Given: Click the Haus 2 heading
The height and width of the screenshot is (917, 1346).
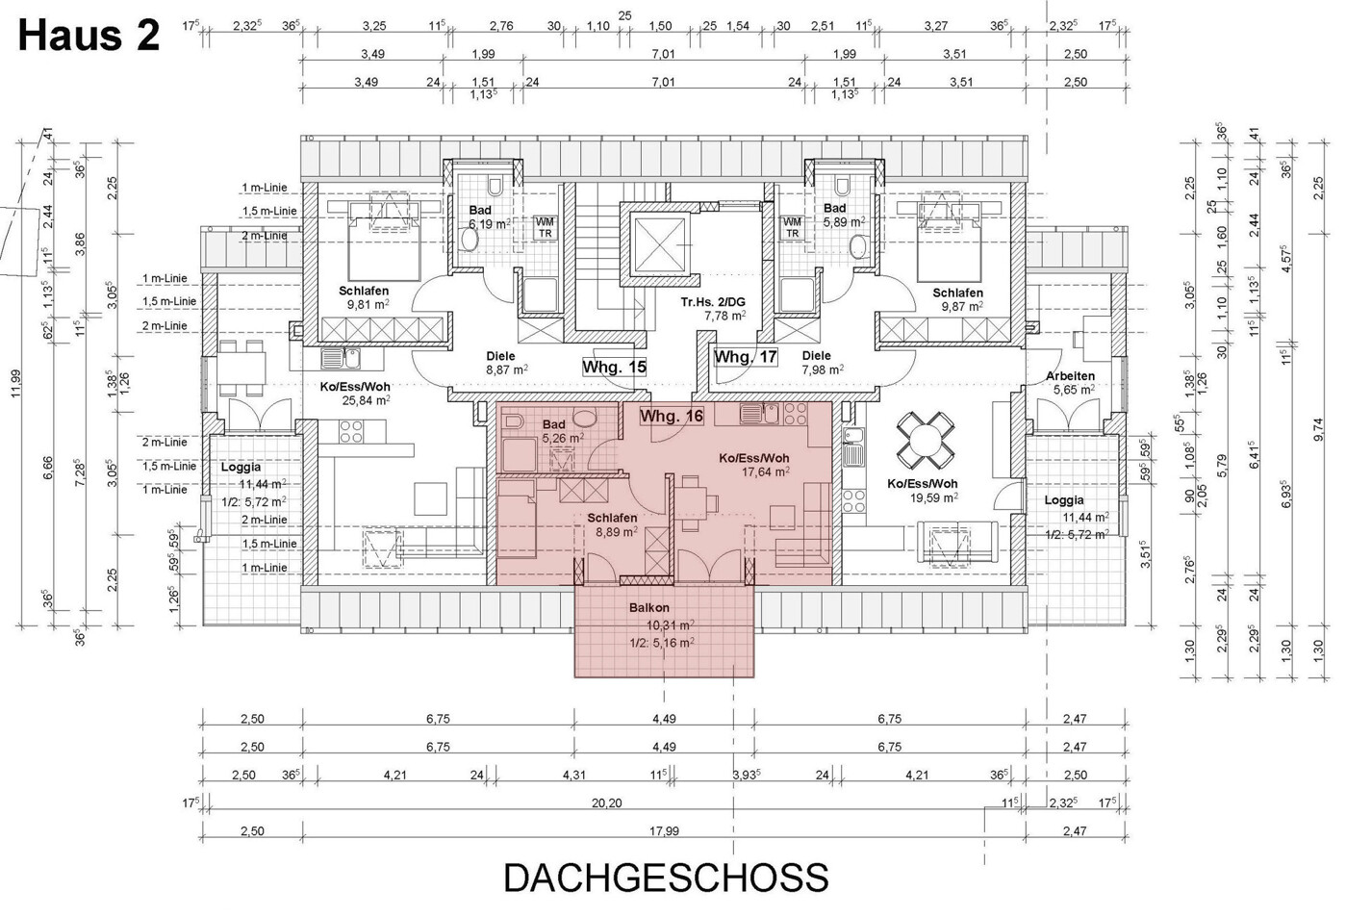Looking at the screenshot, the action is [x=89, y=36].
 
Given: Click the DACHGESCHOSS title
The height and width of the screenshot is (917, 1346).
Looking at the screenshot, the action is [x=666, y=878].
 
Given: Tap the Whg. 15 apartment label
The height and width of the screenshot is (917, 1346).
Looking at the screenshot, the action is [x=614, y=367].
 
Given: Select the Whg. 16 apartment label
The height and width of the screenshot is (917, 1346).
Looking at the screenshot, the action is [x=672, y=416].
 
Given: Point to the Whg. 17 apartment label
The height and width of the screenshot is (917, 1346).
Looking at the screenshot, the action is [x=745, y=357].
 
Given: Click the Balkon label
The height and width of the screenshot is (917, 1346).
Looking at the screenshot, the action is [x=649, y=608].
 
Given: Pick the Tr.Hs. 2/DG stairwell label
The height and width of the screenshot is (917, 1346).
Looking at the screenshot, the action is [x=713, y=302].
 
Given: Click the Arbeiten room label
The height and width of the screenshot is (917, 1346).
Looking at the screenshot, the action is [x=1070, y=376].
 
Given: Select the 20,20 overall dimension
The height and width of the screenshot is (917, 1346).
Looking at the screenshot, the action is [x=606, y=802].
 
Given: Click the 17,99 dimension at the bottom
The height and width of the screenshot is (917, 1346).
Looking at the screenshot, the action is [x=664, y=831].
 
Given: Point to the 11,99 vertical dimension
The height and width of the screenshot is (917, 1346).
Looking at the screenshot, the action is [x=16, y=383].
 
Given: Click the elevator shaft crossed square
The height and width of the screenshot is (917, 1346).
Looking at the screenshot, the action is [x=659, y=244].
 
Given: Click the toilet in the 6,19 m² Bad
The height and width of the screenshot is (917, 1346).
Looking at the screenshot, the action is [x=495, y=186].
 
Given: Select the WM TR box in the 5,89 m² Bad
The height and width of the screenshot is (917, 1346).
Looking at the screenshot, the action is [x=793, y=228].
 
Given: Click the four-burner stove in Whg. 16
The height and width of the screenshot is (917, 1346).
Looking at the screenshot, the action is [x=796, y=414].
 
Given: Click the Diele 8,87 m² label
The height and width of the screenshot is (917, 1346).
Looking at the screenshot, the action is [x=506, y=364].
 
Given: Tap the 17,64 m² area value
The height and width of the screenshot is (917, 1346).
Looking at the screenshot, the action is [x=766, y=471].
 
